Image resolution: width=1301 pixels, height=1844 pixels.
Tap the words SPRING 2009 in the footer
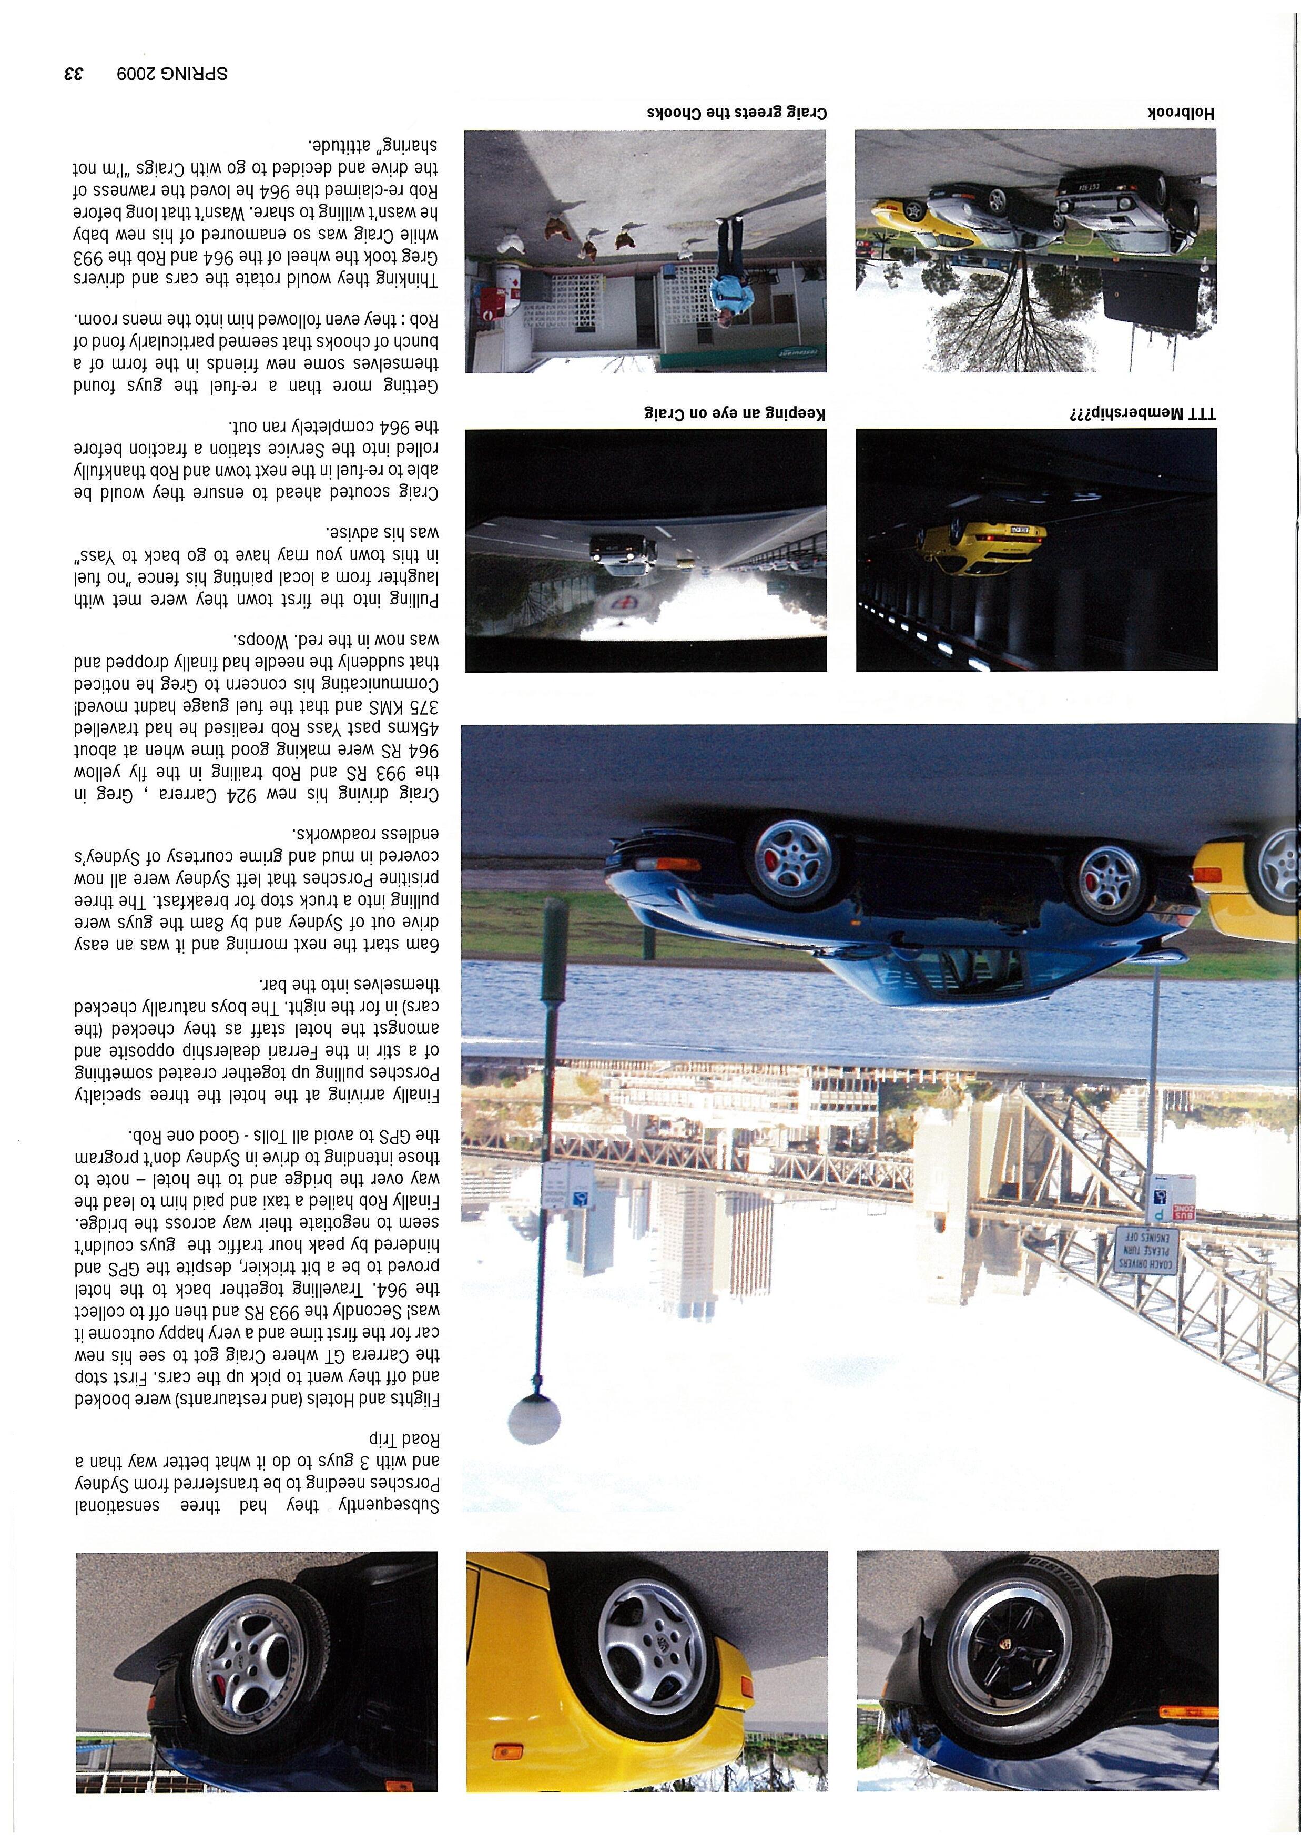(x=171, y=74)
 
